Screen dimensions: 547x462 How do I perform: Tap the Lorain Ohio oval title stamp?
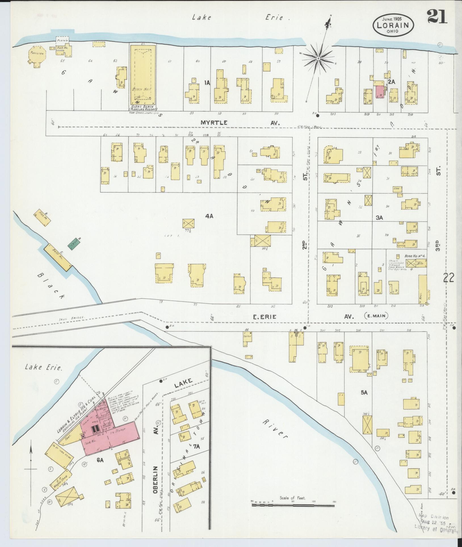pos(393,25)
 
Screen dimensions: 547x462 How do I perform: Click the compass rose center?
pos(318,58)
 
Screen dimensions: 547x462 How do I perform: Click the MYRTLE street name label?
pos(214,123)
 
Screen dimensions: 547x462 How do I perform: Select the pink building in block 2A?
pos(379,92)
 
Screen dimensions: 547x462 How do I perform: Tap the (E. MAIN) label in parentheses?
pos(376,316)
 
